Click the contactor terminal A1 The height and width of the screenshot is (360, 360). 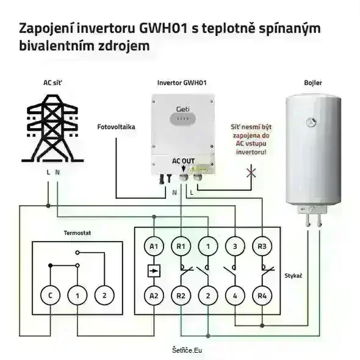[154, 247]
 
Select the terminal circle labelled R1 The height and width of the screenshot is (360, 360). [181, 247]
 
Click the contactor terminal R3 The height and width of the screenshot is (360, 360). [261, 247]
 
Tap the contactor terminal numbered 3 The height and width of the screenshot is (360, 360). [235, 247]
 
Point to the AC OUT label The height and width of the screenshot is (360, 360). [183, 161]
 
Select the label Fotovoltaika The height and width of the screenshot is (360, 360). [116, 127]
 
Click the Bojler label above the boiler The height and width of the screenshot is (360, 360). [312, 83]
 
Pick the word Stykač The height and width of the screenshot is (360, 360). [293, 276]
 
